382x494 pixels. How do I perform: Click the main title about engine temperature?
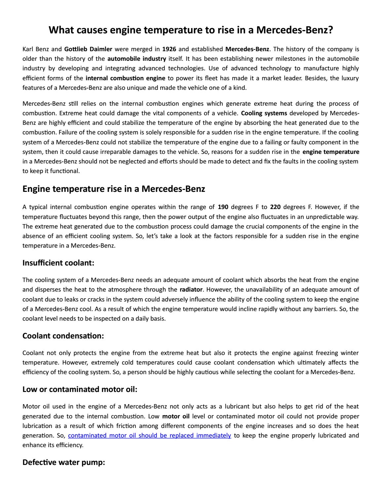click(191, 30)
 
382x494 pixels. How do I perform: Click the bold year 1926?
click(169, 49)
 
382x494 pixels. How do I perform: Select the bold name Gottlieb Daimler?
click(88, 49)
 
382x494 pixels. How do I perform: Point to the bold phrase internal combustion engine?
click(125, 78)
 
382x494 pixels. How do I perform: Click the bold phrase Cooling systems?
click(264, 113)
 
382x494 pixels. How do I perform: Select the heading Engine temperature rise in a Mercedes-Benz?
click(114, 189)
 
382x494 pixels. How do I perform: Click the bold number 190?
click(223, 207)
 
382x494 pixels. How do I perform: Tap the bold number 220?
click(275, 207)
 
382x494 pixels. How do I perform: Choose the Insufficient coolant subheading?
click(58, 263)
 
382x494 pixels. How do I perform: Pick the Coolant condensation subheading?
click(63, 336)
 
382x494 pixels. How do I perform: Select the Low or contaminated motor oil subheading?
click(80, 389)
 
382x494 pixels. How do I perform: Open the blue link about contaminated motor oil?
click(149, 435)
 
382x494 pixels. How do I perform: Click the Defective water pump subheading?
click(64, 462)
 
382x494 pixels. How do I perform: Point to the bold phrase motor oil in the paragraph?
click(176, 416)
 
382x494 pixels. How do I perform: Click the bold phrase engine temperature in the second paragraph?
click(331, 152)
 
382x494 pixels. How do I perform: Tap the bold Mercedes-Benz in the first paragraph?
click(247, 49)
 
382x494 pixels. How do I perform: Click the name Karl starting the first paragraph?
click(28, 49)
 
